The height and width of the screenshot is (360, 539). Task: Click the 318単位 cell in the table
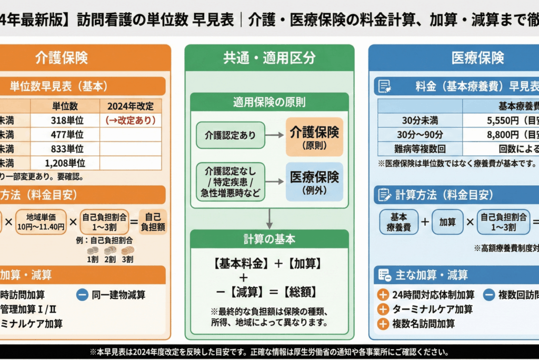tap(65, 120)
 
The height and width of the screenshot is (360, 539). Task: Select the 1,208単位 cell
tap(65, 163)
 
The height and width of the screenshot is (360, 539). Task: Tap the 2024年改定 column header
tap(130, 105)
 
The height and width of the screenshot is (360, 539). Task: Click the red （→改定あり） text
tap(130, 120)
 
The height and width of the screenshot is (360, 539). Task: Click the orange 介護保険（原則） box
tap(314, 136)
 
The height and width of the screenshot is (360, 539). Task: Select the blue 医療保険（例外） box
tap(314, 182)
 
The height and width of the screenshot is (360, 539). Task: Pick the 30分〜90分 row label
tap(420, 134)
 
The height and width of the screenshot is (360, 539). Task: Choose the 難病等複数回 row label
tap(420, 148)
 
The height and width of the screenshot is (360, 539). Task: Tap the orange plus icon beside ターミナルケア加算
tap(383, 309)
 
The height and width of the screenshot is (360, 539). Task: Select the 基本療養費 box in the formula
tap(399, 222)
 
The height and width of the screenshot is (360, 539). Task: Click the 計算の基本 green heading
tap(269, 239)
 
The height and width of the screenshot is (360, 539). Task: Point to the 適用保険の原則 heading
tap(269, 102)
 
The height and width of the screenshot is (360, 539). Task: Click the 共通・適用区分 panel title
tap(269, 58)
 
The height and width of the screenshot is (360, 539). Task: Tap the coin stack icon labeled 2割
tap(110, 250)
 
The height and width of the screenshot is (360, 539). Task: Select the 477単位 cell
tap(65, 134)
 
